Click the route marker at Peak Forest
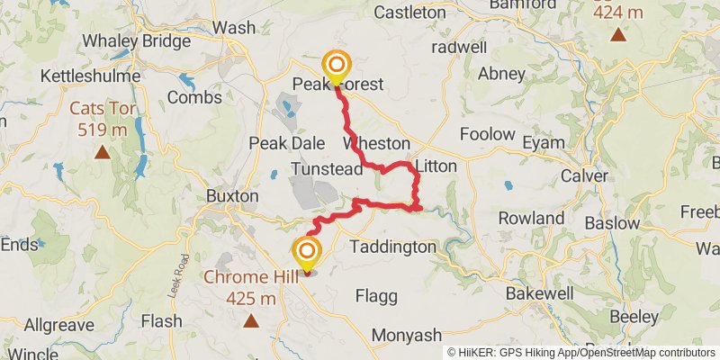[x=337, y=65]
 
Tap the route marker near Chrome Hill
[x=308, y=251]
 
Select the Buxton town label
[x=232, y=195]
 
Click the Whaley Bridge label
[x=136, y=41]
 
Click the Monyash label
[x=407, y=335]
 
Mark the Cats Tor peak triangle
[x=103, y=152]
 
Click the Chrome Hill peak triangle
[x=251, y=320]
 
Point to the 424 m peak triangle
[x=617, y=35]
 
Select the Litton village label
[x=436, y=166]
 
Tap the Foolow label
[x=487, y=135]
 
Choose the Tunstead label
[x=326, y=169]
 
